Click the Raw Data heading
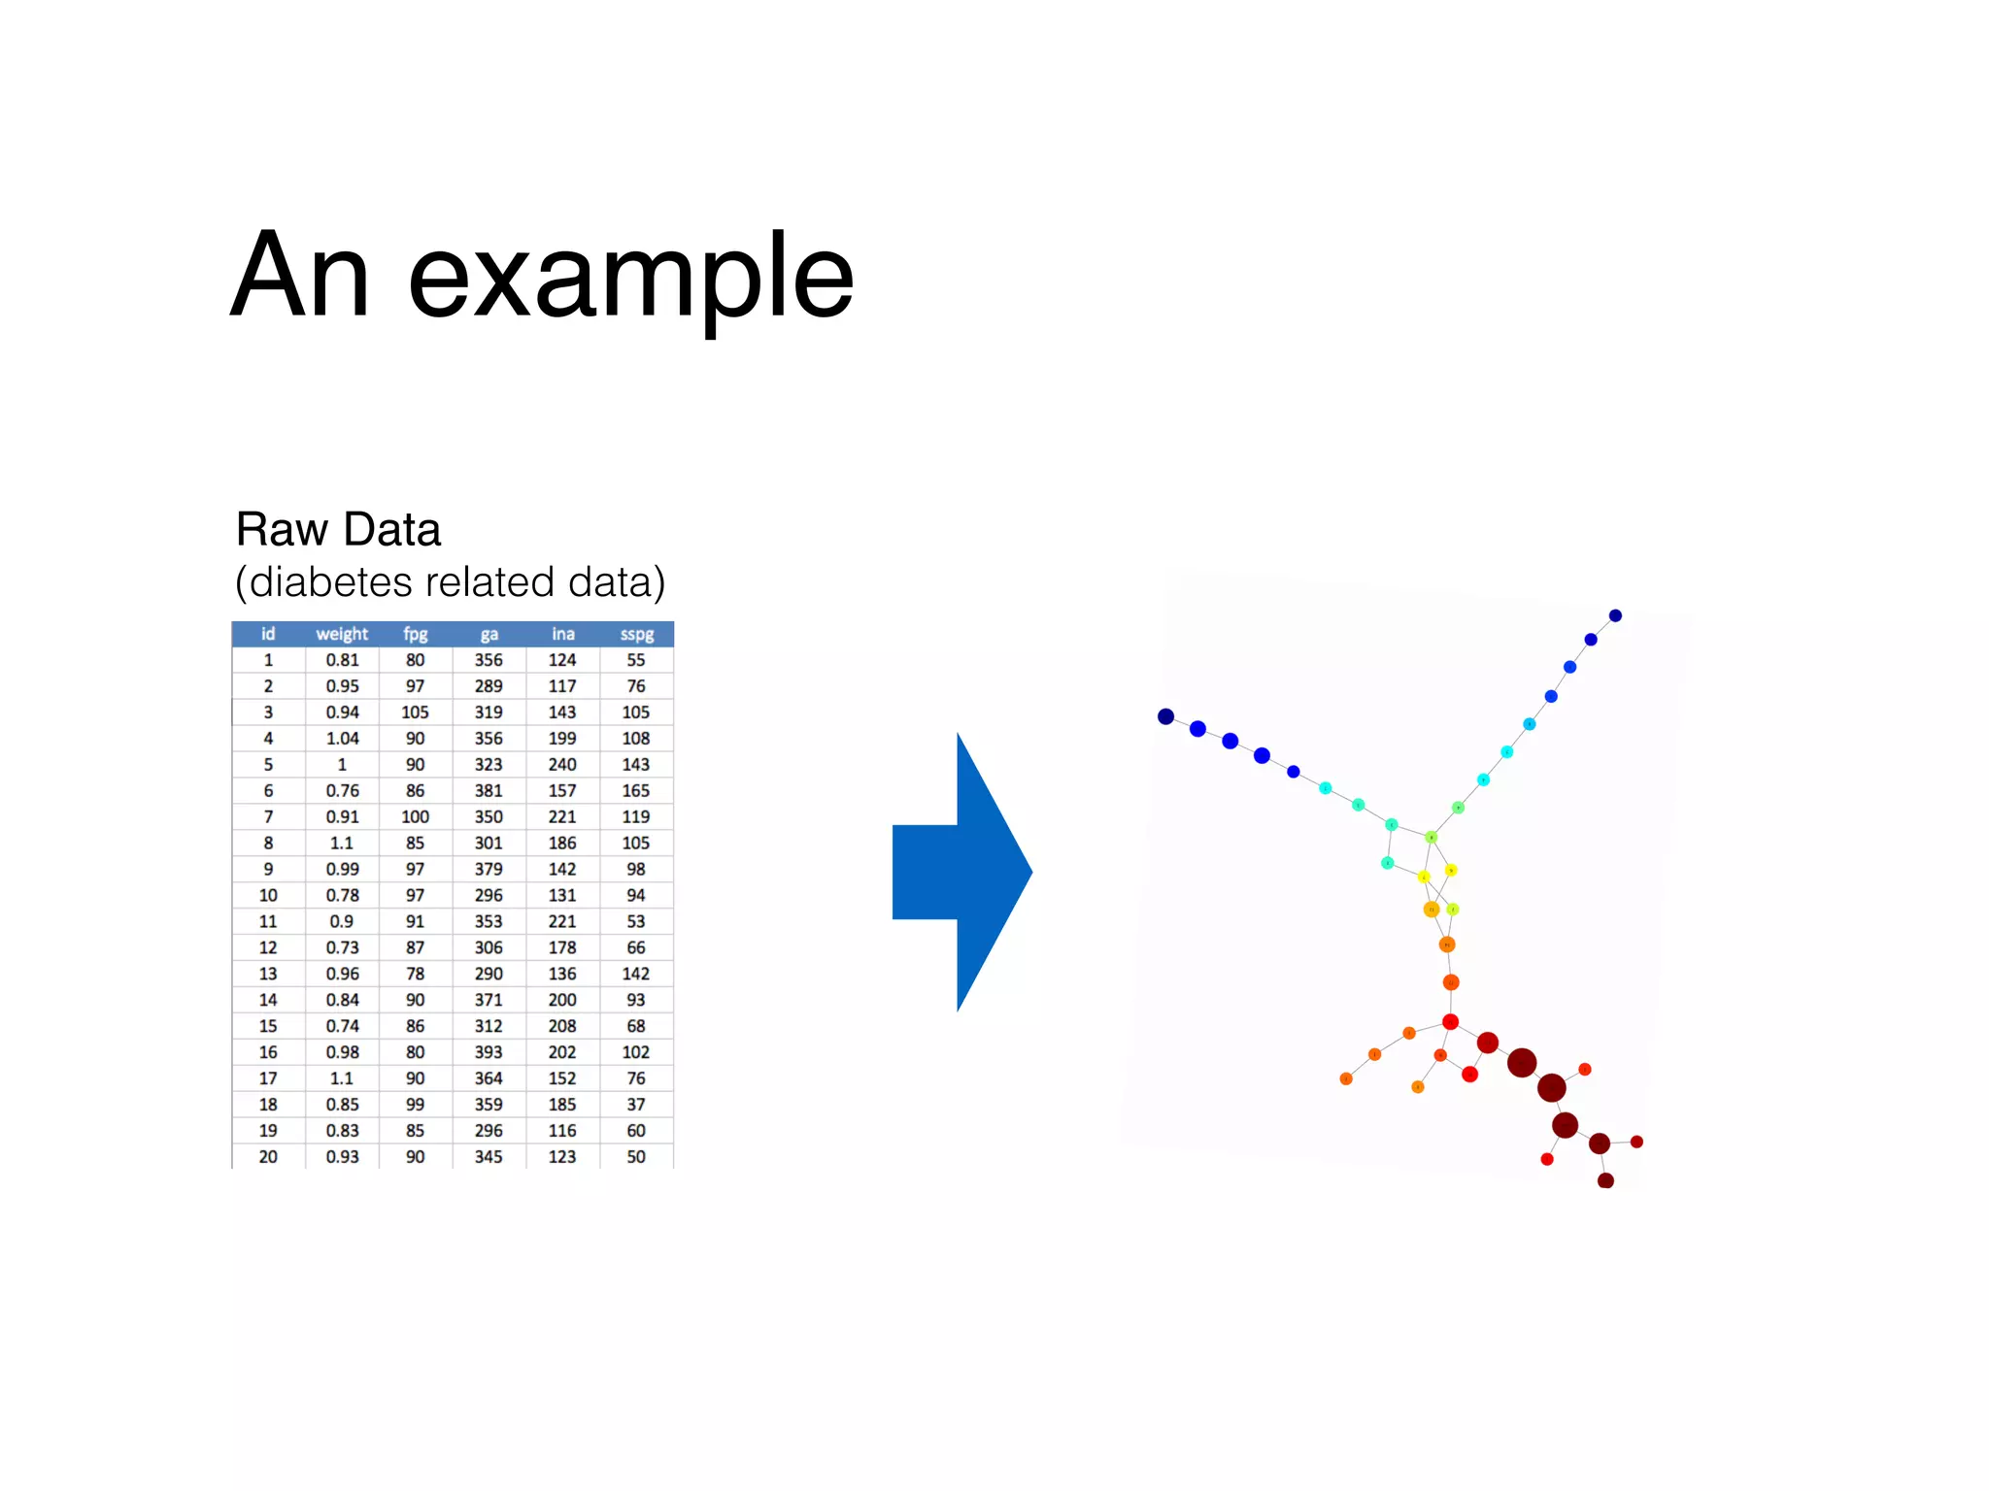tap(338, 530)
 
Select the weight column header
tap(342, 634)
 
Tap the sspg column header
tap(636, 634)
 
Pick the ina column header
tap(562, 634)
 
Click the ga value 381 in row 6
tap(489, 791)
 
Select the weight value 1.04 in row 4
tap(342, 739)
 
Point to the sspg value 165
tap(636, 791)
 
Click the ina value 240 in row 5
tap(562, 765)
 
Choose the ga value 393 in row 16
tap(489, 1052)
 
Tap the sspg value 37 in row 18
tap(636, 1105)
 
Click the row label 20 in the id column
tap(268, 1157)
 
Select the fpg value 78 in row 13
tap(415, 974)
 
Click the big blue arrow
tap(961, 872)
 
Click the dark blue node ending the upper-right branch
tap(1615, 615)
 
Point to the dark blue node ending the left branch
tap(1165, 716)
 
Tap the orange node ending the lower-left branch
tap(1346, 1078)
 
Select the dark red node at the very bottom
tap(1605, 1180)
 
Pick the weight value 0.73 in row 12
tap(342, 947)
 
